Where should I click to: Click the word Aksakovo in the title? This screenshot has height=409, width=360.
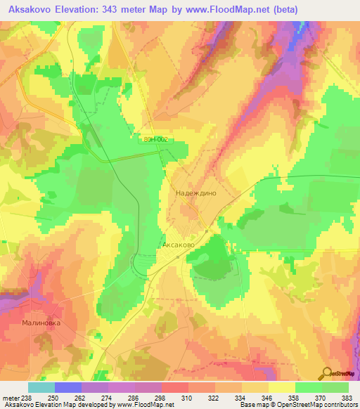[x=27, y=10]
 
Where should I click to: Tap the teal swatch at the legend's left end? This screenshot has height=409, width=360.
[x=41, y=387]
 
